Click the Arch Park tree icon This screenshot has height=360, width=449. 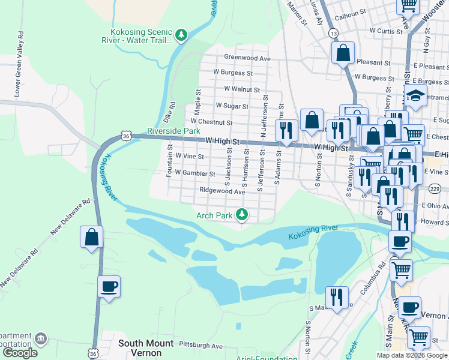242,214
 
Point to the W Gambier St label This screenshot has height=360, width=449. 195,174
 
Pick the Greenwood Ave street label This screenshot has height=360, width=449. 247,58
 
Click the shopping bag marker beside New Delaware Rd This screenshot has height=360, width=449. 91,236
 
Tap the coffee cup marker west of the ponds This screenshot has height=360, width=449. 109,286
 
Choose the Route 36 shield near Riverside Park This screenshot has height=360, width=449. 125,136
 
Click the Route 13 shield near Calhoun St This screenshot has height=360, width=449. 333,34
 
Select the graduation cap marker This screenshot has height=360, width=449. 415,95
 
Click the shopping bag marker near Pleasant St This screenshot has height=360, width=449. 343,52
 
